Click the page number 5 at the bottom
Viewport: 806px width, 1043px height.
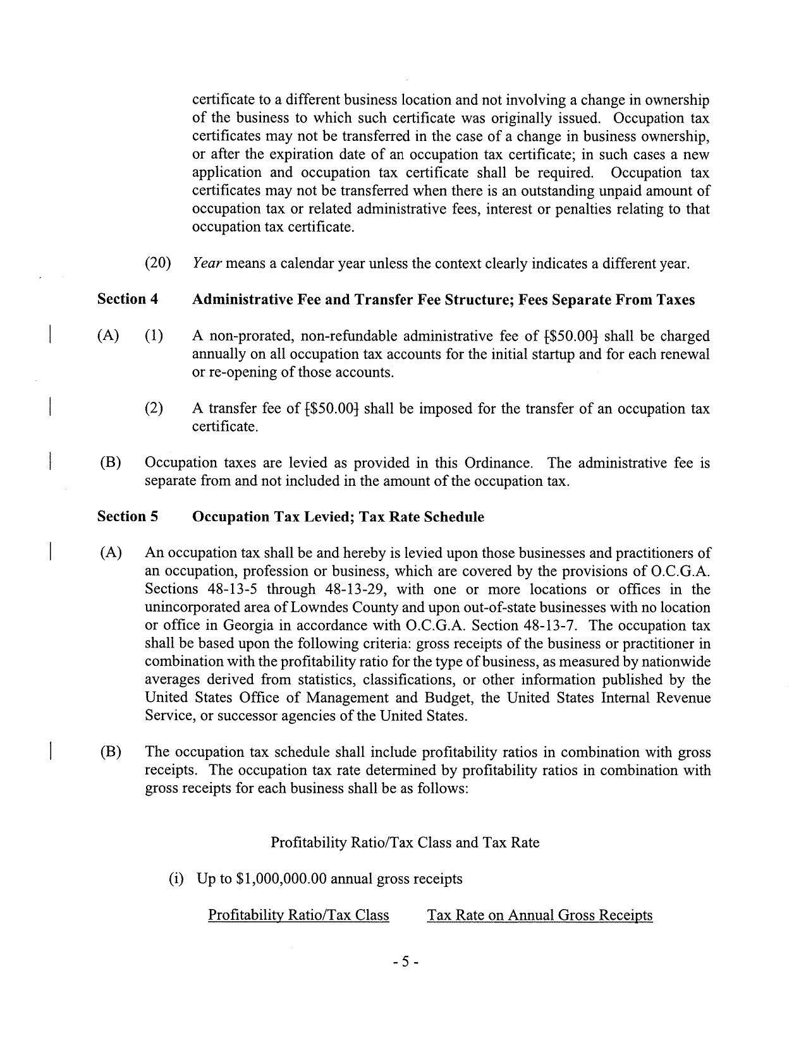click(x=405, y=962)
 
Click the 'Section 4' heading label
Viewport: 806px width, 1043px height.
click(x=127, y=299)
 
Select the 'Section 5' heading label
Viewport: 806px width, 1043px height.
click(x=127, y=517)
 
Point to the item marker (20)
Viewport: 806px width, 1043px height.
click(x=158, y=263)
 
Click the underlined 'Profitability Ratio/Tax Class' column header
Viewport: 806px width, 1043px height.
click(x=298, y=915)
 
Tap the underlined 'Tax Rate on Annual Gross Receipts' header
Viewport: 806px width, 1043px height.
click(x=539, y=915)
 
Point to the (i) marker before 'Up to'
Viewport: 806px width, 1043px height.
click(x=175, y=879)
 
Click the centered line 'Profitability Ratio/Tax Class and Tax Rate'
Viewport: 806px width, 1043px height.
click(x=405, y=842)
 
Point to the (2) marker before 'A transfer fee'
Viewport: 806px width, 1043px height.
click(x=154, y=409)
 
